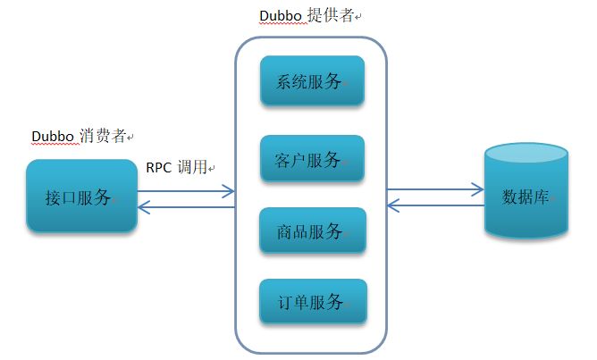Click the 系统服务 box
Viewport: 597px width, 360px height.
[312, 81]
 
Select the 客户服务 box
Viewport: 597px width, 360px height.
[312, 161]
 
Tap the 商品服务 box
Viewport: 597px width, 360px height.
[312, 232]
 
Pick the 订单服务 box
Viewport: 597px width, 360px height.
[312, 302]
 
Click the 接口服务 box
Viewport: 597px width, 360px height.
[81, 197]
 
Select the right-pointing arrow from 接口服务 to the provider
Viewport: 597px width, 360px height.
[186, 190]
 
